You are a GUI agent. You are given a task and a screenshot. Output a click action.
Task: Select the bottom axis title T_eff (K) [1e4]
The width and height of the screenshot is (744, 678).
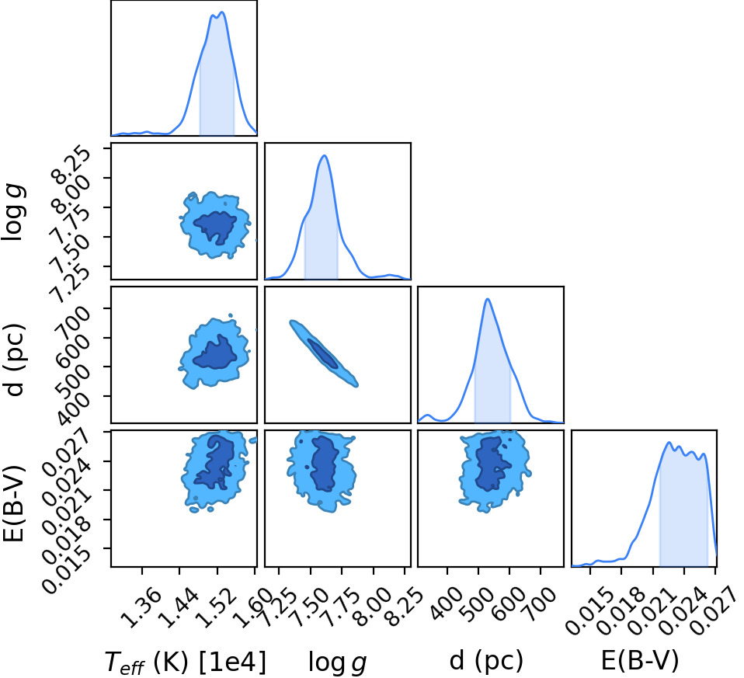click(x=185, y=662)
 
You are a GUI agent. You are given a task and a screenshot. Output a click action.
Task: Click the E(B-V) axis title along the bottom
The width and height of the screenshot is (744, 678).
click(x=640, y=660)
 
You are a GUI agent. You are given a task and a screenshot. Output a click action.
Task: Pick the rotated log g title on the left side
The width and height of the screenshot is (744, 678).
click(x=14, y=213)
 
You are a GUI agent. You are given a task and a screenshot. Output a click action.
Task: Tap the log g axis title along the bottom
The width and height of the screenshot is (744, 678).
click(x=337, y=662)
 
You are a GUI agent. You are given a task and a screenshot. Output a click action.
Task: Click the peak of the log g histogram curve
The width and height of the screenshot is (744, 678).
click(x=325, y=155)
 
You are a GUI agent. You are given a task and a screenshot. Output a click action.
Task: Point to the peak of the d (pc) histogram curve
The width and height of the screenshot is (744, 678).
click(x=487, y=299)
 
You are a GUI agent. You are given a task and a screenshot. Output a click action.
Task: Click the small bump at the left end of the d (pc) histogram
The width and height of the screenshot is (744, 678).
click(x=428, y=415)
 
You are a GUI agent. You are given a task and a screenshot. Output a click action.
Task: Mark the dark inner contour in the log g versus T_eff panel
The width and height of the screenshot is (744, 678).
click(x=215, y=228)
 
